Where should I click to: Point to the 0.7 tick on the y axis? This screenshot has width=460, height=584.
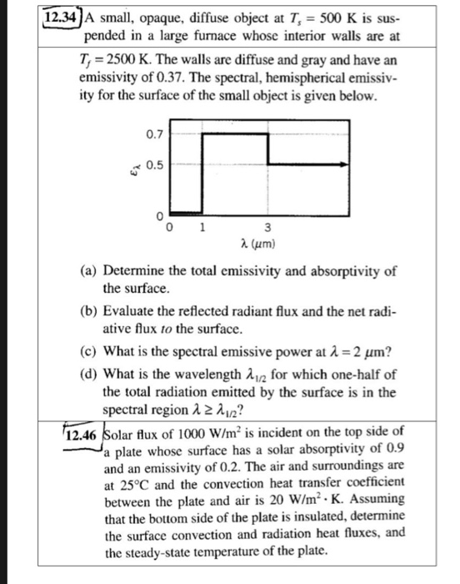[x=153, y=132]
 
